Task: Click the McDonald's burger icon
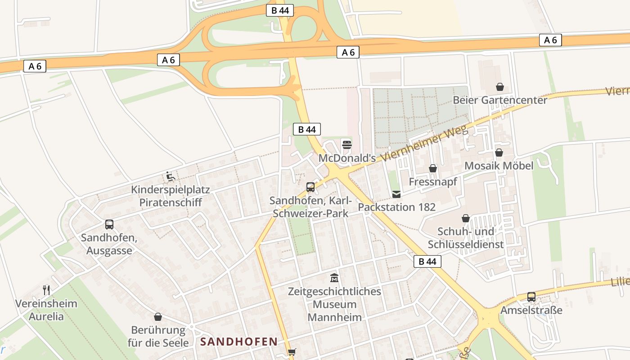(x=346, y=144)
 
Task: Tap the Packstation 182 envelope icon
(x=396, y=194)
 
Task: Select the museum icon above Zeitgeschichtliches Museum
(x=334, y=278)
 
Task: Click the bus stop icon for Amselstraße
(x=531, y=297)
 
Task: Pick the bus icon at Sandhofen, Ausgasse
(x=109, y=224)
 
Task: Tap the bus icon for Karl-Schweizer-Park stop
(x=310, y=187)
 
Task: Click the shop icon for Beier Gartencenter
(x=499, y=87)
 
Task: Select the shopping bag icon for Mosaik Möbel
(x=499, y=153)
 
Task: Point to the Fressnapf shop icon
(x=432, y=168)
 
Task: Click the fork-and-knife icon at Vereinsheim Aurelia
(x=46, y=290)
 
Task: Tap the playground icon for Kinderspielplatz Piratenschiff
(x=170, y=176)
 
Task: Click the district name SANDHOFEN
(x=238, y=342)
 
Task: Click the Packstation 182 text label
(x=396, y=207)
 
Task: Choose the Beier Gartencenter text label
(x=499, y=100)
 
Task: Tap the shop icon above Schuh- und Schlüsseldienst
(x=466, y=218)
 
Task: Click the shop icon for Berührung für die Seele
(x=157, y=317)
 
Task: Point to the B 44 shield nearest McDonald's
(x=306, y=130)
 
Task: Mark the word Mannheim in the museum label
(x=334, y=317)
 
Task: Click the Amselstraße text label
(x=531, y=310)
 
